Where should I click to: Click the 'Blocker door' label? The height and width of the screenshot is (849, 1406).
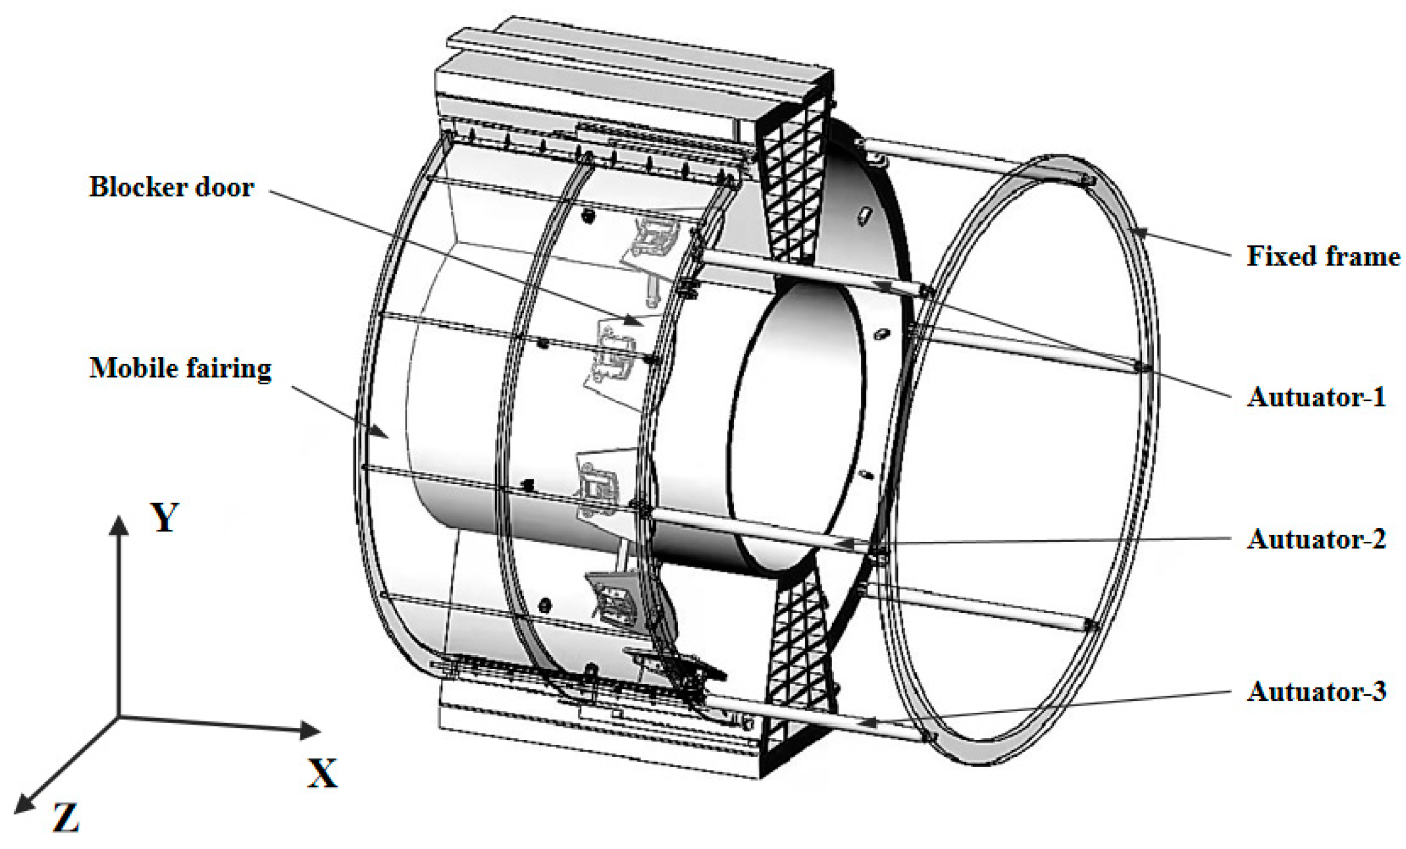click(x=171, y=187)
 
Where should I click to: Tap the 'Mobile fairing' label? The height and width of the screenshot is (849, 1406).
click(x=180, y=368)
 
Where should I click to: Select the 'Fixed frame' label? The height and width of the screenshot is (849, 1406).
click(x=1322, y=256)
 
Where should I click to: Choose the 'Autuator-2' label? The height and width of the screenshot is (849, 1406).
click(x=1315, y=539)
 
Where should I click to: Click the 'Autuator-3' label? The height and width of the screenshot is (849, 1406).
click(x=1315, y=692)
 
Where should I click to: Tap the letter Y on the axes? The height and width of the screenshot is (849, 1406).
click(x=165, y=517)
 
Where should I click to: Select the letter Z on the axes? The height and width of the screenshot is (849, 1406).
click(x=66, y=817)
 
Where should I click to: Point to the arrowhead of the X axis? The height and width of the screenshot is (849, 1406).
click(x=311, y=730)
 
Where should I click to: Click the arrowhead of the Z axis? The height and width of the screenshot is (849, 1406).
click(x=22, y=805)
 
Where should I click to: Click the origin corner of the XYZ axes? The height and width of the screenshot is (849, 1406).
click(x=119, y=717)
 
